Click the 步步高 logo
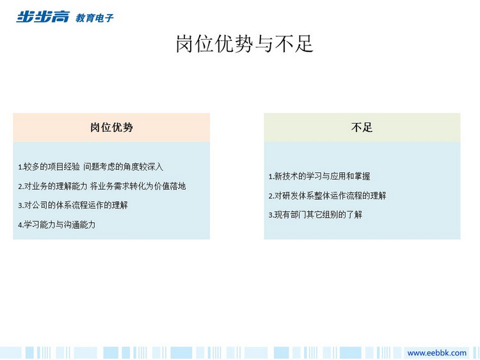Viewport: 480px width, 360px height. [x=43, y=17]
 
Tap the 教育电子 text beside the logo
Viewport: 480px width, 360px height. [x=95, y=18]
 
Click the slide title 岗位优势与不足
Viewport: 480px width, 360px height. [x=244, y=44]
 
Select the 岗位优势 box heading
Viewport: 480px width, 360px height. [x=111, y=127]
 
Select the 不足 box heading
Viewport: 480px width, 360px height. [x=362, y=127]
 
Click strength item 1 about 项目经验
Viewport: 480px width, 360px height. [x=91, y=167]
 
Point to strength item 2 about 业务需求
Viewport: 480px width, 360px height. [x=102, y=186]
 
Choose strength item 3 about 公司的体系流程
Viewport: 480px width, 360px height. [x=73, y=205]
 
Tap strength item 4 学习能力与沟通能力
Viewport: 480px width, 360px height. [x=56, y=225]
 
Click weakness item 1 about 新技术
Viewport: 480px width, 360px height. [x=319, y=176]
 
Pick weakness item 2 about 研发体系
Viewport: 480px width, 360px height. [x=327, y=195]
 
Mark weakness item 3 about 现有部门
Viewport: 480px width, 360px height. [x=316, y=215]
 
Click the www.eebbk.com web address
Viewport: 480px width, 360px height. [x=437, y=353]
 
